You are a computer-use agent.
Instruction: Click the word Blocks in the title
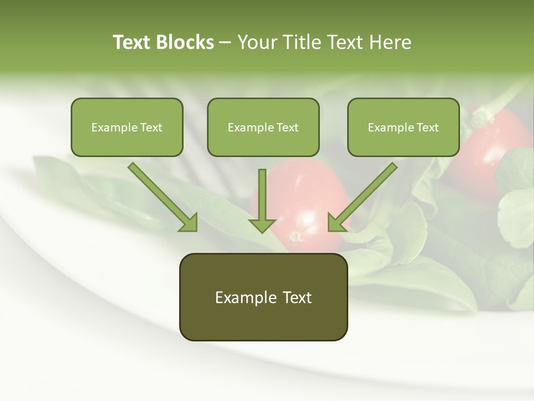(x=186, y=42)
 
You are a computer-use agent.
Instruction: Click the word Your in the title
(x=256, y=42)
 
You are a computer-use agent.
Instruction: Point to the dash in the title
(x=225, y=43)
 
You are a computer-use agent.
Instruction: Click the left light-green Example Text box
(x=127, y=127)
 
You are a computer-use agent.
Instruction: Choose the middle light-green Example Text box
(x=263, y=127)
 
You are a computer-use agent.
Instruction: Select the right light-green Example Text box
(x=403, y=127)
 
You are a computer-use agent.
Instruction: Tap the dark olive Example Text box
(x=263, y=297)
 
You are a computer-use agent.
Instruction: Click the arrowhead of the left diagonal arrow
(x=189, y=222)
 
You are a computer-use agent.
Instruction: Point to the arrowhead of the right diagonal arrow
(x=335, y=222)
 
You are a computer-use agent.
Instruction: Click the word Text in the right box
(x=427, y=128)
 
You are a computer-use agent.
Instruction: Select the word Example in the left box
(x=111, y=128)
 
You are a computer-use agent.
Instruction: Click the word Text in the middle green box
(x=287, y=128)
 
